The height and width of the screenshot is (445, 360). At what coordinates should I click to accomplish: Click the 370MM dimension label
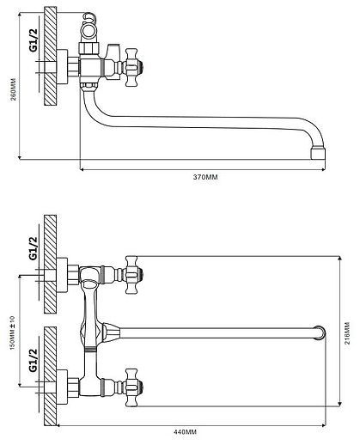click(205, 177)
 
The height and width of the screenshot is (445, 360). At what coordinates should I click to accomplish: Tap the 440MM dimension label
click(185, 431)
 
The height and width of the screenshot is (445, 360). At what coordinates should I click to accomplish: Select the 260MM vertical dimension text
click(14, 89)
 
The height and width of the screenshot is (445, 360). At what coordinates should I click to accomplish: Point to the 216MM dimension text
click(346, 333)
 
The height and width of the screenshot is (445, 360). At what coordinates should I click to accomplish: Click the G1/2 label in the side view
click(34, 40)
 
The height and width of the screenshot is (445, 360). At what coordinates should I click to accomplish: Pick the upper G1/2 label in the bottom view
click(34, 248)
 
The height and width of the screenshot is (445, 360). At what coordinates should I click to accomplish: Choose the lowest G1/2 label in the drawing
click(34, 360)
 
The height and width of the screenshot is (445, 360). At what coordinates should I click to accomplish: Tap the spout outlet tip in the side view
click(318, 153)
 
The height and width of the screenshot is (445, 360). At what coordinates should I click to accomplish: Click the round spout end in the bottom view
click(320, 332)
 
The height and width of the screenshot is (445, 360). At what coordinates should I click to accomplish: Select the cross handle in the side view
click(131, 68)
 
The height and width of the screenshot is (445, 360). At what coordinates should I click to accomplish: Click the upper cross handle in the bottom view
click(133, 275)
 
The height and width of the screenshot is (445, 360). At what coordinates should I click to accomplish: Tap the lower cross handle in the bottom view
click(133, 387)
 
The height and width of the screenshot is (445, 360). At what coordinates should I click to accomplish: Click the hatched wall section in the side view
click(51, 56)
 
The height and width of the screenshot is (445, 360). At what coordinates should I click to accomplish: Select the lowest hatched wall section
click(51, 376)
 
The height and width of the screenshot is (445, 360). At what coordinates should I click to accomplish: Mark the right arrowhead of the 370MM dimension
click(323, 169)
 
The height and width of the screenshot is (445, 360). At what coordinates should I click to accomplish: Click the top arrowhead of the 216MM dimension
click(339, 259)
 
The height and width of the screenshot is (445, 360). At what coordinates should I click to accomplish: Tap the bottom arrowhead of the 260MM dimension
click(20, 156)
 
